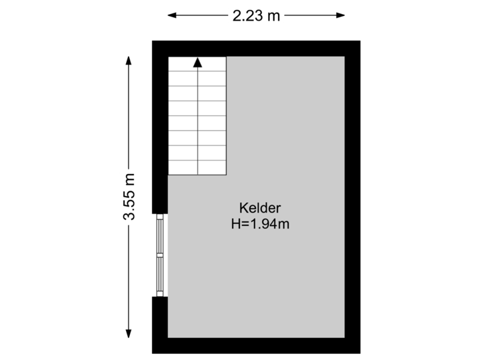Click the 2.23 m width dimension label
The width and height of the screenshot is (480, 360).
(x=255, y=15)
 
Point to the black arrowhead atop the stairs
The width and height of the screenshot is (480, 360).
(x=197, y=63)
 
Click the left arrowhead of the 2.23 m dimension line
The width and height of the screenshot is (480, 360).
(x=171, y=15)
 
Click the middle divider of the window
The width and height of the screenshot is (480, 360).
(x=159, y=254)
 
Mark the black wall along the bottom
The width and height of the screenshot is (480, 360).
(x=257, y=346)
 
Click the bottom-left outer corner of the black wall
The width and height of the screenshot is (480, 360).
(x=153, y=353)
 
